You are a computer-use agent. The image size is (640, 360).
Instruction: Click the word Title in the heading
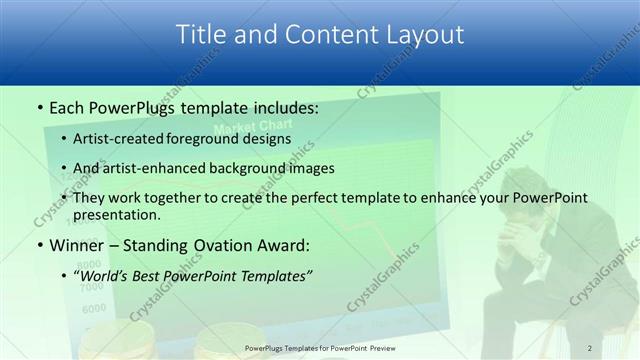point(201,35)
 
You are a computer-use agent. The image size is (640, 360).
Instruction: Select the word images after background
point(328,168)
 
